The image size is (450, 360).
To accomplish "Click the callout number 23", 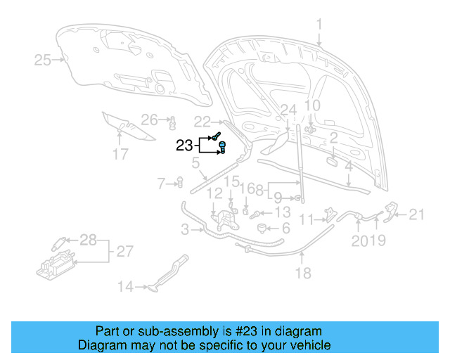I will (x=184, y=146).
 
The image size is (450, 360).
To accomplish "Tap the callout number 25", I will (x=42, y=60).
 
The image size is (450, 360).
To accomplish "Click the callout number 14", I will (x=124, y=286).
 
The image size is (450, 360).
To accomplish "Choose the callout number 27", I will (x=124, y=251).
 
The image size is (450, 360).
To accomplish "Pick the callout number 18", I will (x=302, y=273).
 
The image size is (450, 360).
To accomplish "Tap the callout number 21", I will (x=417, y=215).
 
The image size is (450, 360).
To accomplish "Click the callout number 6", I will (x=285, y=229).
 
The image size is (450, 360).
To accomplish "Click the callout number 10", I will (x=311, y=105).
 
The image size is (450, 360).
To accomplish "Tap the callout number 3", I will (x=184, y=229).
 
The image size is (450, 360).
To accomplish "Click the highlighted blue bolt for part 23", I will (x=222, y=148).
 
